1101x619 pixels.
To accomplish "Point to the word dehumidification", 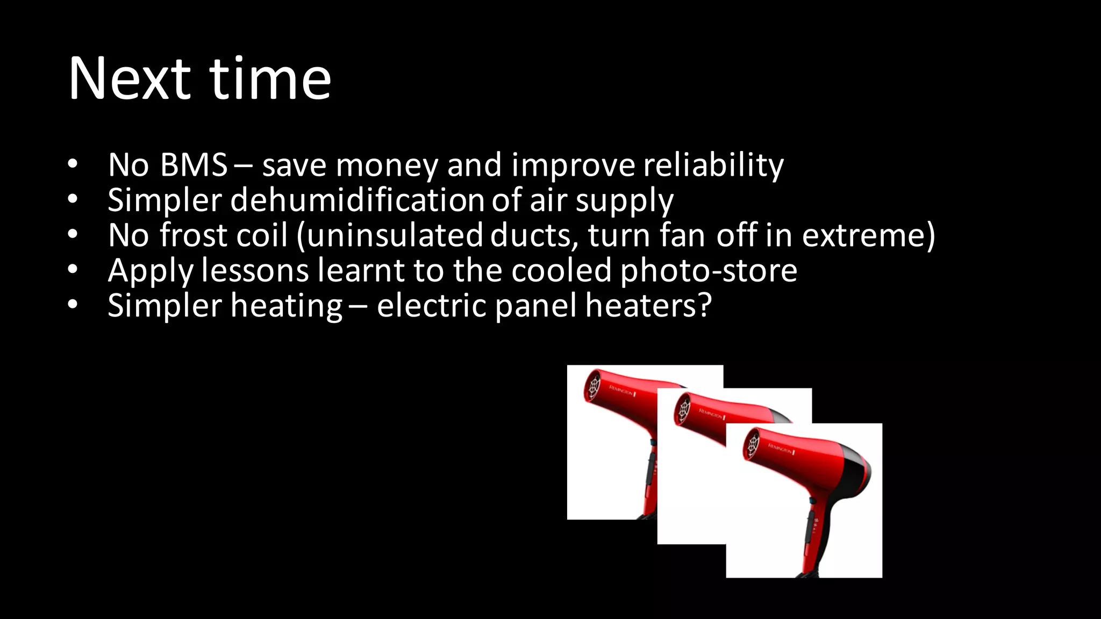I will point(357,200).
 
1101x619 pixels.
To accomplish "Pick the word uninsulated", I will point(395,235).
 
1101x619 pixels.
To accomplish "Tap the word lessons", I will point(255,270).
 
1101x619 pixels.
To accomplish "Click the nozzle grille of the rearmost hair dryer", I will point(593,385).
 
